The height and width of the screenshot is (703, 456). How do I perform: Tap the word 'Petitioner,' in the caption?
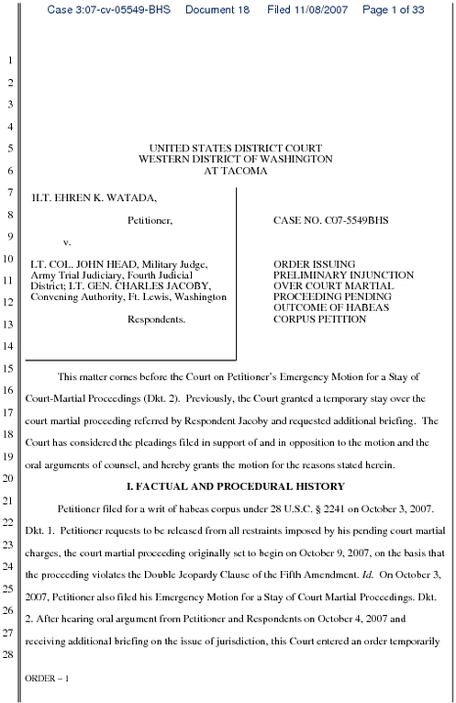click(x=150, y=221)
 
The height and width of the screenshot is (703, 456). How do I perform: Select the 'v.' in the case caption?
click(x=67, y=244)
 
